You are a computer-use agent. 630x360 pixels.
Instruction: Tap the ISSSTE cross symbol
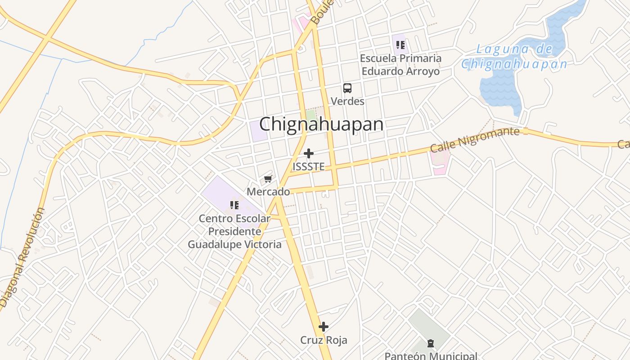click(309, 153)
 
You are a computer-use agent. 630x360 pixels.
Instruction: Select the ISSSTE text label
click(309, 166)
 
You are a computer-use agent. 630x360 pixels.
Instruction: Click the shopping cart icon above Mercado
click(268, 179)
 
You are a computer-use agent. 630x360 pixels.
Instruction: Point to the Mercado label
click(268, 192)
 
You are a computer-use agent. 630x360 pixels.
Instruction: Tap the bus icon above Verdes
click(347, 88)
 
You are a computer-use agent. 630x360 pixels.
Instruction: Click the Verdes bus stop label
click(347, 101)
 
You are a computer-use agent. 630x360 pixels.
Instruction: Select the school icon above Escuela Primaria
click(400, 45)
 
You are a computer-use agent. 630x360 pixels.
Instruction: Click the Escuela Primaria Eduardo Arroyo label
click(401, 65)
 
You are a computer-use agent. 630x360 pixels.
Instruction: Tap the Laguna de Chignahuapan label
click(515, 57)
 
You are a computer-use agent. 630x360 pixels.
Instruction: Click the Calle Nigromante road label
click(475, 139)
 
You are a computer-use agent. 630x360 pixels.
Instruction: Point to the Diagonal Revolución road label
click(22, 256)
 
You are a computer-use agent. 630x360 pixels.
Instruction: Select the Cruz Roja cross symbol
click(324, 327)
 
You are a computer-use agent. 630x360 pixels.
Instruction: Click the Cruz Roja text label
click(324, 340)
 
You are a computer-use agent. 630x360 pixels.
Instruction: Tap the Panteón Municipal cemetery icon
click(431, 343)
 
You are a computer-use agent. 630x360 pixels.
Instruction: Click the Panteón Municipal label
click(431, 355)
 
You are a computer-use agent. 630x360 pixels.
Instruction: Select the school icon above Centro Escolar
click(234, 205)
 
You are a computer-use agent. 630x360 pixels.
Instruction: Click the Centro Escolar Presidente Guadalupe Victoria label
click(234, 231)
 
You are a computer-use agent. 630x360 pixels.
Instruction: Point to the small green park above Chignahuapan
click(311, 115)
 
